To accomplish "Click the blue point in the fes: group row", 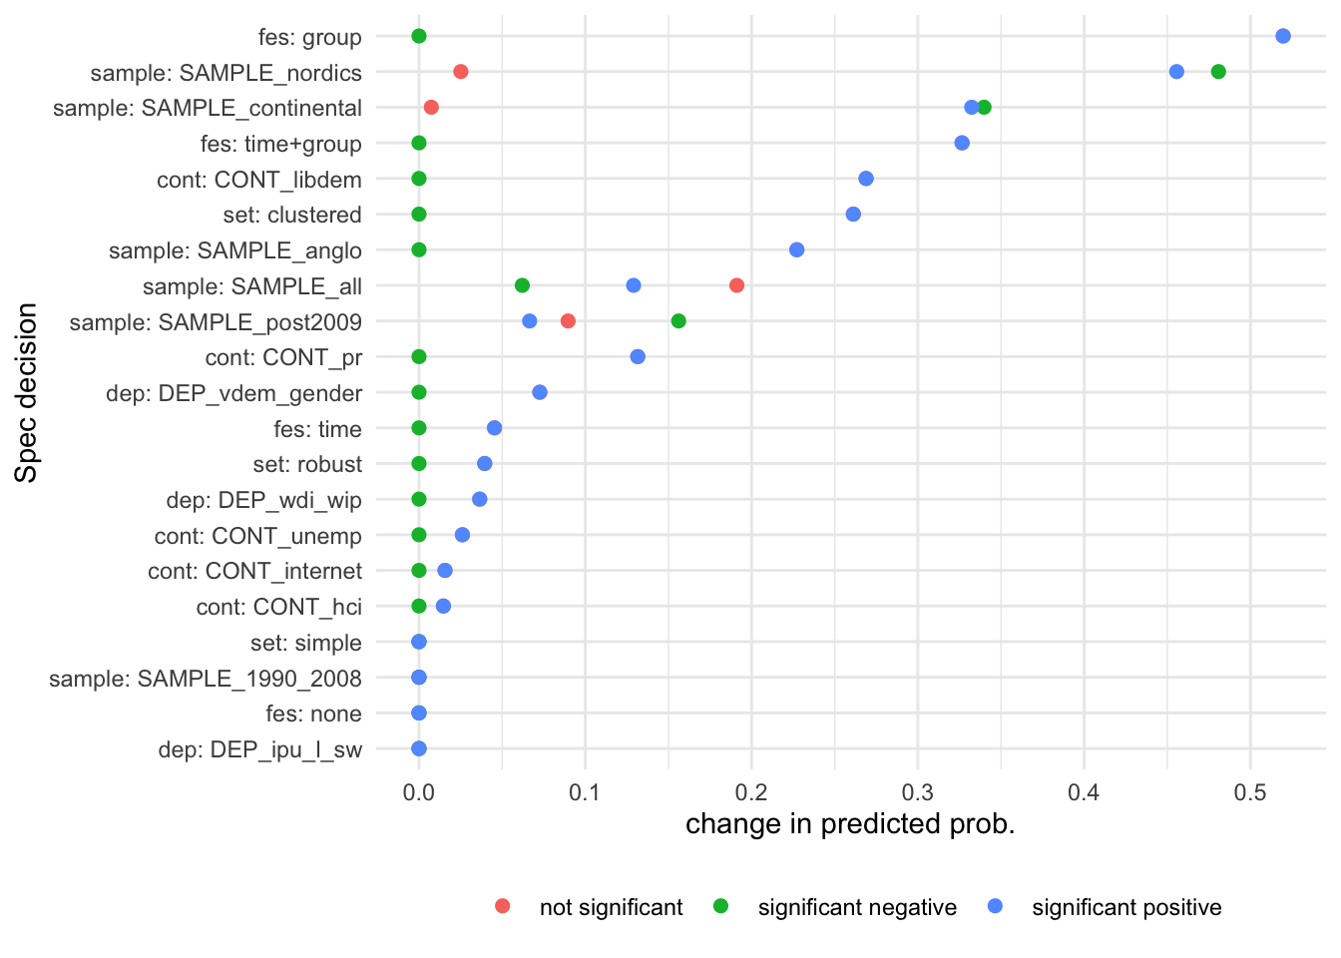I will click(x=1283, y=36).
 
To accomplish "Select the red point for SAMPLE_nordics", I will click(x=460, y=72).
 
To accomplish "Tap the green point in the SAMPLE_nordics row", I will click(x=1218, y=72).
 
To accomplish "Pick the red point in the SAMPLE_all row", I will click(x=736, y=285).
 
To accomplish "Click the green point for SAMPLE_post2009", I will click(x=678, y=321).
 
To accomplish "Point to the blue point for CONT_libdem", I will click(x=866, y=179).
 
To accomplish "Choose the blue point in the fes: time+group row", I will click(x=962, y=143).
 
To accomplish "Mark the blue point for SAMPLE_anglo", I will click(x=796, y=249).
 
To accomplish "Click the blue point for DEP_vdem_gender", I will click(x=540, y=392).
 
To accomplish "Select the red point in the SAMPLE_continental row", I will click(x=431, y=107).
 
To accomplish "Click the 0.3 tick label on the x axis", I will click(x=917, y=792).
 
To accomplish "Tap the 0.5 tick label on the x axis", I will click(x=1249, y=792).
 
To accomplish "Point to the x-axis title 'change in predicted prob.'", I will click(x=850, y=824).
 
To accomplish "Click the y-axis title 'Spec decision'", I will click(x=26, y=392).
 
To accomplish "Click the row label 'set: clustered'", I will click(x=292, y=215).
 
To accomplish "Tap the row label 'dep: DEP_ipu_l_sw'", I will click(x=259, y=749).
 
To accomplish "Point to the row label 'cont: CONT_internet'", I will click(x=254, y=571).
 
